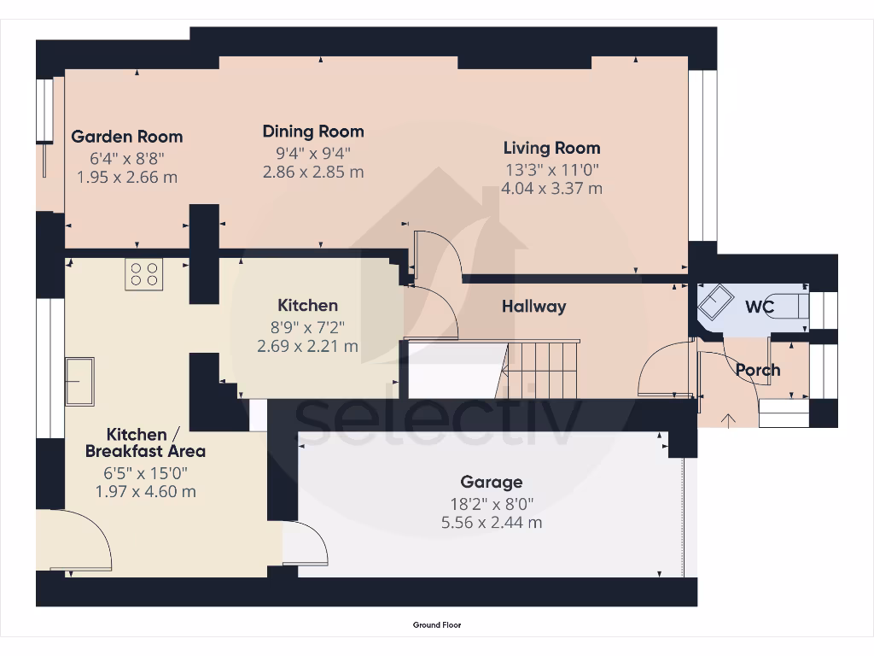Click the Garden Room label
point(127,137)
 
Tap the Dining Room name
point(313,132)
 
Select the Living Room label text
point(552,149)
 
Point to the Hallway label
point(534,307)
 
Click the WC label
point(760,307)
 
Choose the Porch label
point(758,370)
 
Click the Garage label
point(492,482)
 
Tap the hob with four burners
point(143,274)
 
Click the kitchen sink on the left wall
point(79,382)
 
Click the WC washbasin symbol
point(716,302)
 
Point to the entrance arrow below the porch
point(729,420)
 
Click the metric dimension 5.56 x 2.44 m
point(492,523)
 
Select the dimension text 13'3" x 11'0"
point(552,170)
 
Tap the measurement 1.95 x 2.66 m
point(127,178)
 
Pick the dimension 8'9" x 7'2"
point(307,327)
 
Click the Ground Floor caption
point(437,624)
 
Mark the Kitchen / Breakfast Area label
point(145,443)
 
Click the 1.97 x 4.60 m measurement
point(145,491)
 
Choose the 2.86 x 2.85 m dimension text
point(313,172)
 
